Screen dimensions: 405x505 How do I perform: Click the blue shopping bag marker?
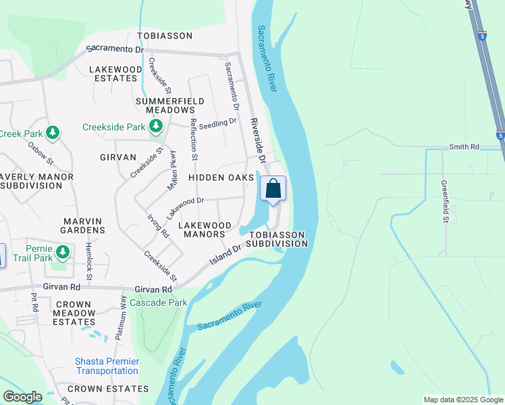point(273,188)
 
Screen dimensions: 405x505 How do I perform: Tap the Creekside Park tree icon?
point(156,126)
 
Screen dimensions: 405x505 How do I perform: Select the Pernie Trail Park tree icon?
point(63,252)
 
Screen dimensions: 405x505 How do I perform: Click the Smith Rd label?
point(464,146)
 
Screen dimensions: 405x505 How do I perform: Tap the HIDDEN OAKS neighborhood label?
point(221,177)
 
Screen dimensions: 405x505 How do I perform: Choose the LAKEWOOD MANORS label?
point(205,230)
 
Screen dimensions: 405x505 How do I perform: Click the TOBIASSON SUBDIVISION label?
point(277,239)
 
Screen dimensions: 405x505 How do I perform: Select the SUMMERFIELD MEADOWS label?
point(165,105)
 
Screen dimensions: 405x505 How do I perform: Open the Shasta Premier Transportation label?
point(107,367)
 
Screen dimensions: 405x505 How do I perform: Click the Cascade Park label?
point(158,302)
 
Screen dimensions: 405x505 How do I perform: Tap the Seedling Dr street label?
point(222,122)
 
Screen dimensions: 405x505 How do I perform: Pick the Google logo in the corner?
point(22,397)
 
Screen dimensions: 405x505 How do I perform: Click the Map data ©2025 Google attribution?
point(463,400)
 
